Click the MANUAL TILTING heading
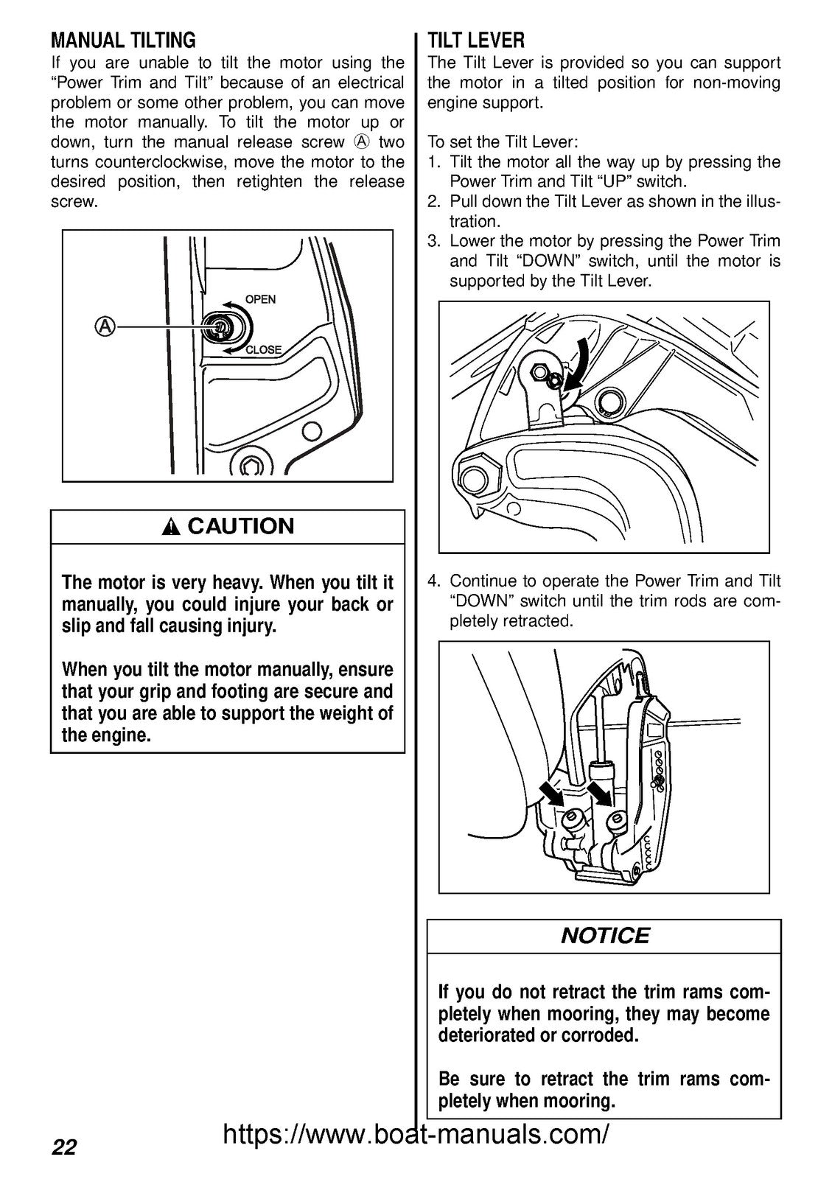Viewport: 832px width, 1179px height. click(123, 39)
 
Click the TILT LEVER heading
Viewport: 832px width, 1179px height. click(476, 39)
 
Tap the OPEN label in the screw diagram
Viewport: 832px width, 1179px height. click(260, 299)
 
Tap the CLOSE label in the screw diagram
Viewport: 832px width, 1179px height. click(263, 350)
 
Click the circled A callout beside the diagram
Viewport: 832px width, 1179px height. click(106, 326)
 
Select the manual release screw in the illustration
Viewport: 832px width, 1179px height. click(218, 326)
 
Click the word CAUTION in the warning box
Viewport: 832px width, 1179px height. click(240, 526)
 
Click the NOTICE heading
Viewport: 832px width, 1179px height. click(604, 936)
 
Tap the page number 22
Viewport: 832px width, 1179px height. click(64, 1147)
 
